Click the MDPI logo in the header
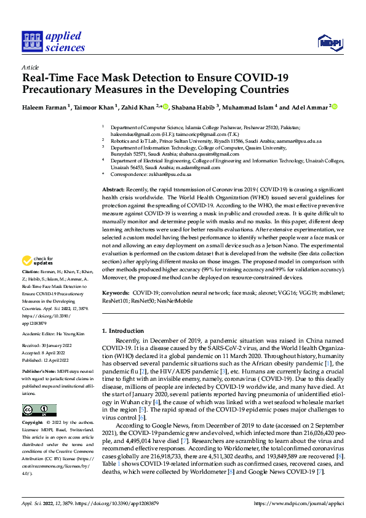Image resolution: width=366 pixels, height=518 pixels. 329,42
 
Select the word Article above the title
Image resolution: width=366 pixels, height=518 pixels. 30,67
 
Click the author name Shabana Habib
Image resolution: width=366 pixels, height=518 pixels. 194,108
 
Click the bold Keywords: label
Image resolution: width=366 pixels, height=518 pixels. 116,293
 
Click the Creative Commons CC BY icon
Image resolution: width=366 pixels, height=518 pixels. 39,410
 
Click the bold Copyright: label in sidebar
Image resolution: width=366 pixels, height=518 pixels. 32,423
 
